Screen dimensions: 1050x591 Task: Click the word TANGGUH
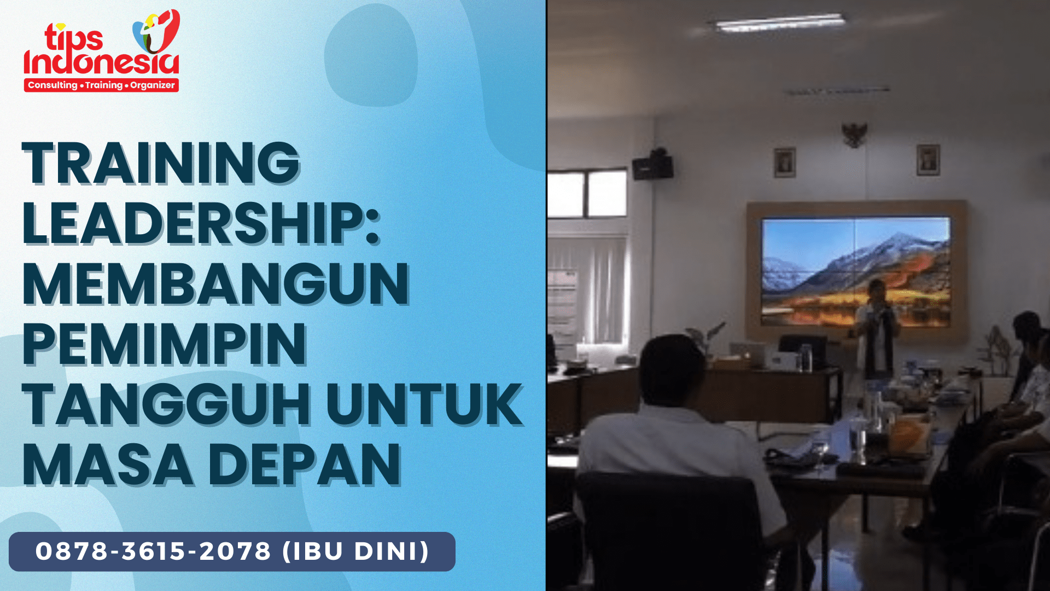[167, 405]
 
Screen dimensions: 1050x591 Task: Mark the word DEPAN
[305, 465]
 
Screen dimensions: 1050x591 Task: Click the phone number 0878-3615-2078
[153, 551]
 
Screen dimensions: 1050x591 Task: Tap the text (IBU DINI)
[356, 551]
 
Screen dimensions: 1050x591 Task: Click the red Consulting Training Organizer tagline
[101, 85]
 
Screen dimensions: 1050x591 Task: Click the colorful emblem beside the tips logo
[156, 31]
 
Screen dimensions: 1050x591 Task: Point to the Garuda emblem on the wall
[854, 135]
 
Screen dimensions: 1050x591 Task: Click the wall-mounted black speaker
[653, 165]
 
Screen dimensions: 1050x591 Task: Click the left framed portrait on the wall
[785, 163]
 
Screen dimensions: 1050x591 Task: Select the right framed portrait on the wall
[928, 160]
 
